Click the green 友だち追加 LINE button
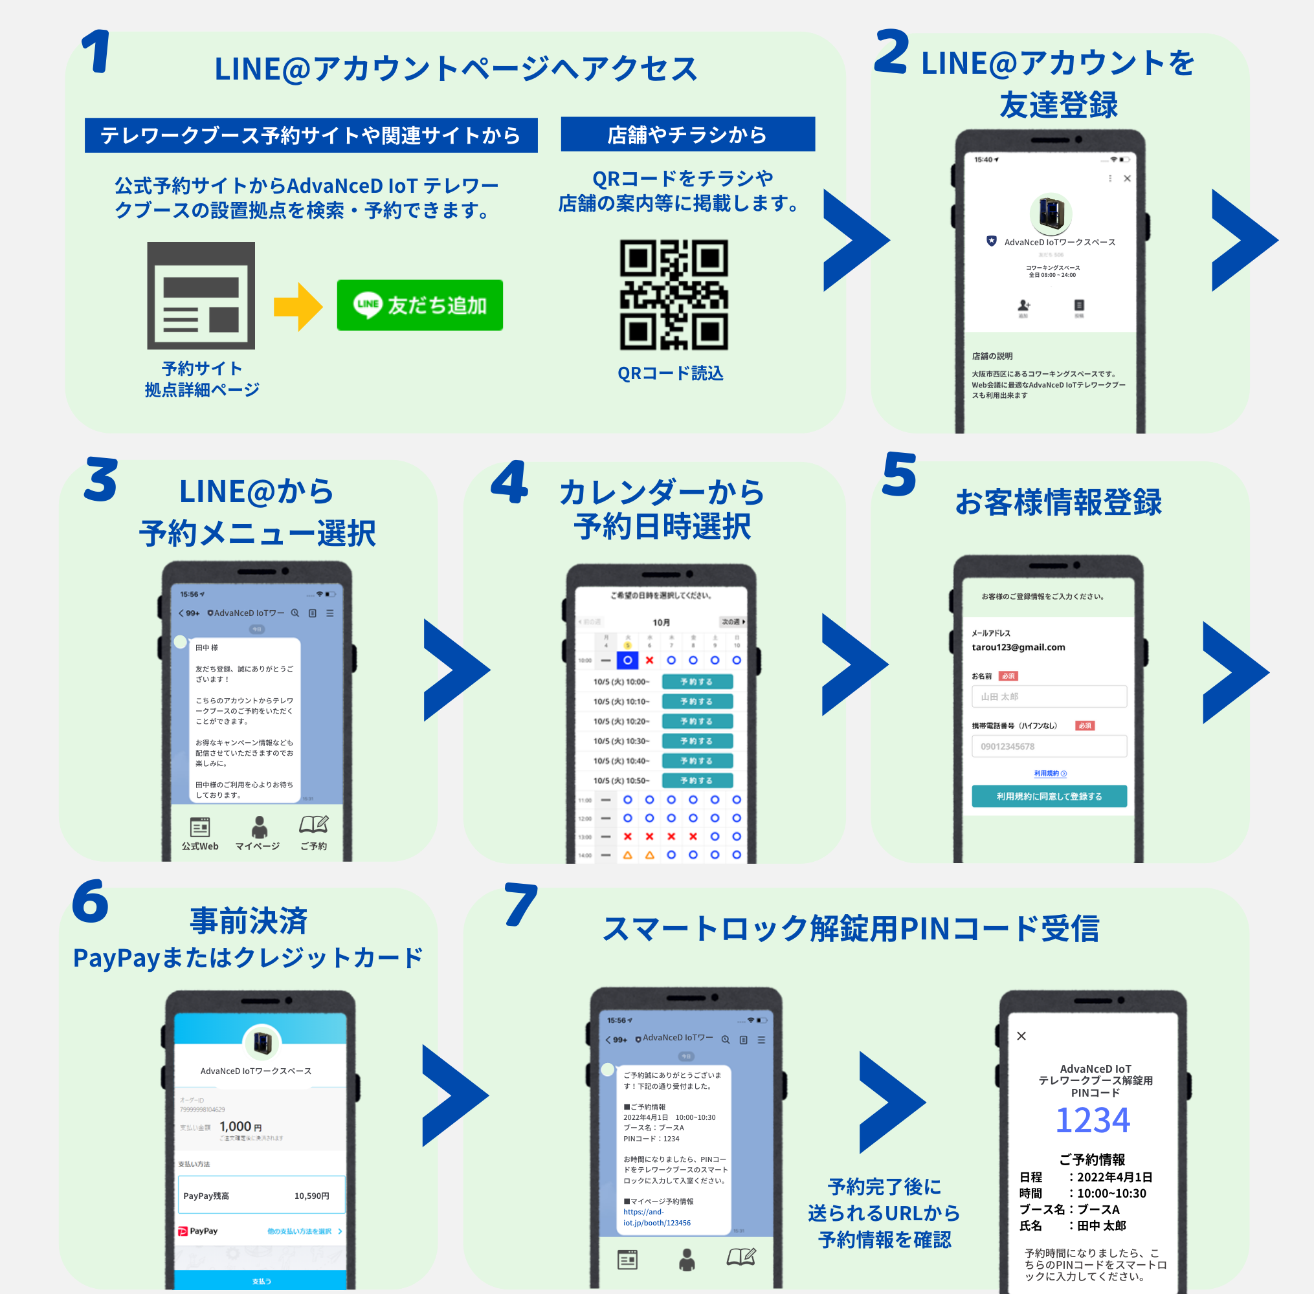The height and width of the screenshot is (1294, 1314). point(419,305)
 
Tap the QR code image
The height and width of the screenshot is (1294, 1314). point(673,294)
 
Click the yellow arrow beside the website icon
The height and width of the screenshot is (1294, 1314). point(297,307)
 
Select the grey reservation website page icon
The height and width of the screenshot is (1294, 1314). point(201,296)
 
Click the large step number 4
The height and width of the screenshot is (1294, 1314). point(510,482)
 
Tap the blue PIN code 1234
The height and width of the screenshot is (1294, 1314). point(1093,1120)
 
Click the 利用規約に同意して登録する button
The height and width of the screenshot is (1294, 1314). point(1049,796)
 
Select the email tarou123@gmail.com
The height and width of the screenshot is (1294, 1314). point(1018,647)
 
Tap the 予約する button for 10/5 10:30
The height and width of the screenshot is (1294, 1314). point(696,741)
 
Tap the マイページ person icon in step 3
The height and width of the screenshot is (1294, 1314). point(258,827)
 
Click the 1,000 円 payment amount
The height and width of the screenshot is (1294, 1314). point(240,1127)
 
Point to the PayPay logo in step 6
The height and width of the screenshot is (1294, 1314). point(198,1231)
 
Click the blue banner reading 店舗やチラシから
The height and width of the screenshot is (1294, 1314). point(687,135)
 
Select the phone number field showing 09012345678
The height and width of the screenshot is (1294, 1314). point(1049,746)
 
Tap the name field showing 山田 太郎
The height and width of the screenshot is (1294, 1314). point(1049,697)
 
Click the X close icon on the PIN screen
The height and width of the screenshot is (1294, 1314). point(1021,1036)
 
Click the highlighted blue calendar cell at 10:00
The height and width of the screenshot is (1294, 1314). point(627,660)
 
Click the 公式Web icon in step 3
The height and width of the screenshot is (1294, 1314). point(200,827)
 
